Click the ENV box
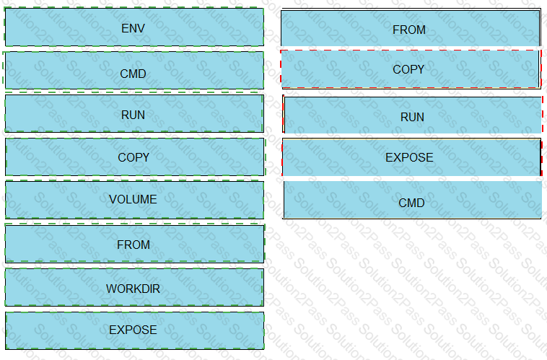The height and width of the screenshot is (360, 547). point(134,27)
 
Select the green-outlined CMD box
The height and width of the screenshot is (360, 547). point(134,70)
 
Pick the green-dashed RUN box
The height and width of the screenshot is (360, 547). point(134,114)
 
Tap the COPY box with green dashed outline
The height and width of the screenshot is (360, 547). point(135,157)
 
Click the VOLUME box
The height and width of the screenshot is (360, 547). point(134,200)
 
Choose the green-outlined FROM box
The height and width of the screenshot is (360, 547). point(135,244)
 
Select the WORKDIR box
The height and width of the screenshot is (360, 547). point(134,287)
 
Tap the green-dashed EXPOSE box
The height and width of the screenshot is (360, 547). point(135,330)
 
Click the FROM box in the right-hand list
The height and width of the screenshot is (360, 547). point(411,28)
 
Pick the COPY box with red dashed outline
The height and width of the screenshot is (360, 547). point(411,69)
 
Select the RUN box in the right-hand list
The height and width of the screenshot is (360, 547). point(412,115)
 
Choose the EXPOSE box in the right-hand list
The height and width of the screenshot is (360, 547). point(411,157)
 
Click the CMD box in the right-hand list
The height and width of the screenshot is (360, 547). point(412,200)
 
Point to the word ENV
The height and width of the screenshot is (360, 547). point(133,28)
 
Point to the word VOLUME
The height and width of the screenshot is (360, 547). point(133,199)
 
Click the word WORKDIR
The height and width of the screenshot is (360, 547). point(133,289)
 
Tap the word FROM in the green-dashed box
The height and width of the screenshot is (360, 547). point(134,245)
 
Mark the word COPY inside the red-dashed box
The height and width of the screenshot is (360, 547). point(408,69)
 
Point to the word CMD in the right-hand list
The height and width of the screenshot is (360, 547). point(411,203)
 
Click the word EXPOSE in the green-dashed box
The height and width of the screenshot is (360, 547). point(133,330)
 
